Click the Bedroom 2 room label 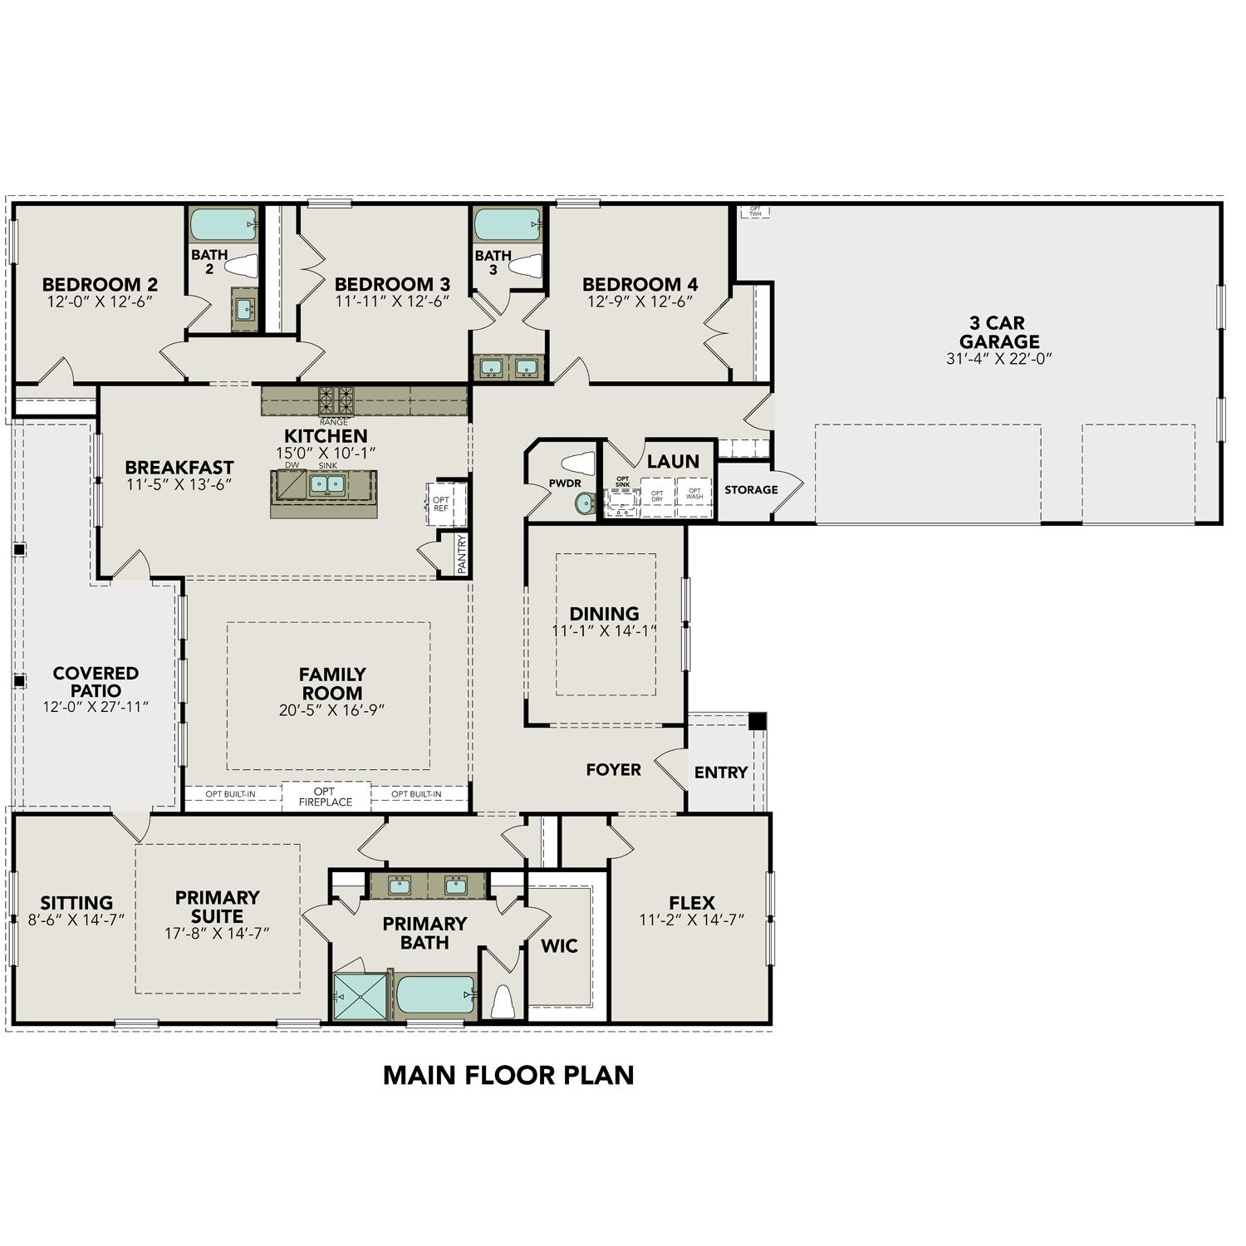click(x=100, y=284)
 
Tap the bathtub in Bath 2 click(x=223, y=224)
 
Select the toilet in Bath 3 click(x=525, y=266)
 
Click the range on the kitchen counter click(x=336, y=400)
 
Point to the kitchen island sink click(x=326, y=483)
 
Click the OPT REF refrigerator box click(x=442, y=503)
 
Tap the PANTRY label click(x=462, y=554)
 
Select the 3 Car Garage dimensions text click(x=999, y=359)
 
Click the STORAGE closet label click(x=751, y=490)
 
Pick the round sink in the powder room click(x=586, y=502)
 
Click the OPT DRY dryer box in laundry click(x=657, y=496)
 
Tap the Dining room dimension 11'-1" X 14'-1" click(x=604, y=630)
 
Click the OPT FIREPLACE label click(x=326, y=797)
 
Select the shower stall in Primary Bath click(x=361, y=997)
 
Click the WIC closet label click(x=559, y=946)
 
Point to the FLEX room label click(x=691, y=902)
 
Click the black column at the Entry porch click(x=757, y=721)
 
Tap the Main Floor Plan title click(x=508, y=1075)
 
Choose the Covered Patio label click(x=96, y=681)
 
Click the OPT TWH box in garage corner click(x=755, y=211)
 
